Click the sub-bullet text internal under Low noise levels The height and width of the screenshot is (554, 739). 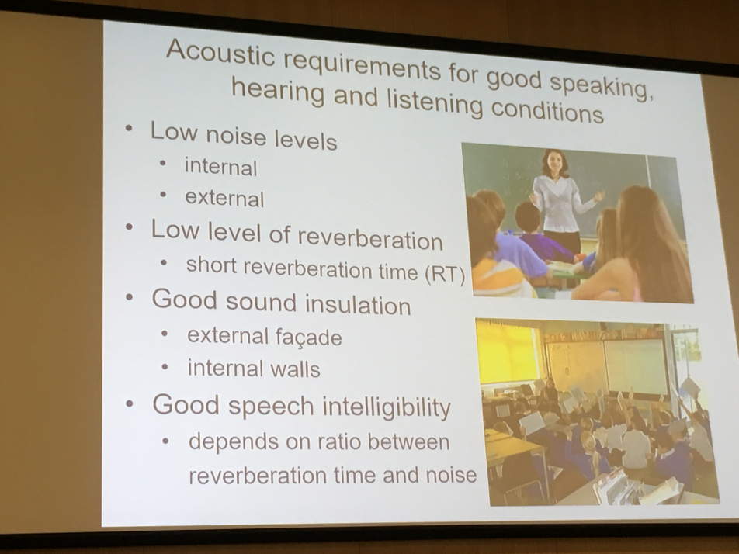coord(221,168)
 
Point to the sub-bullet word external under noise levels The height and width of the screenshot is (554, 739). coord(224,198)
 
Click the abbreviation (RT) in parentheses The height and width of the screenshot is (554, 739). coord(445,274)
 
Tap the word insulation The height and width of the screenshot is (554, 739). coord(358,304)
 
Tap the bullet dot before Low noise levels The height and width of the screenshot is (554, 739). coord(129,129)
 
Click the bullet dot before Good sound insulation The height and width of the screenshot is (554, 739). coord(129,298)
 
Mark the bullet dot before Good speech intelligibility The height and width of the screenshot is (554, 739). coord(130,403)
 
